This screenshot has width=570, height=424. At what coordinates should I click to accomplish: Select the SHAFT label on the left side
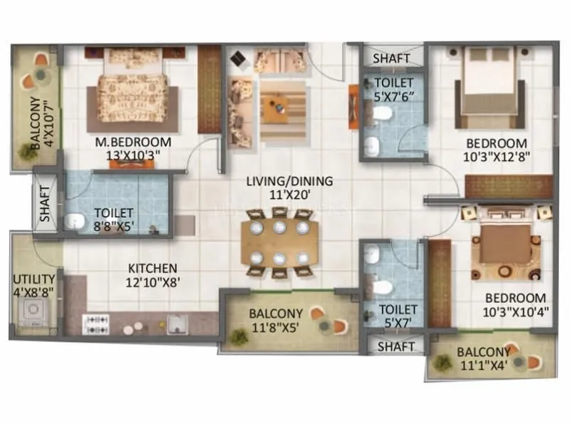[x=44, y=202]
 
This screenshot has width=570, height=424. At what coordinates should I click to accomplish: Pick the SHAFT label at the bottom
[x=395, y=346]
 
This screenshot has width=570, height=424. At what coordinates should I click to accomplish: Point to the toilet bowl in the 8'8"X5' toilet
[x=73, y=222]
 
